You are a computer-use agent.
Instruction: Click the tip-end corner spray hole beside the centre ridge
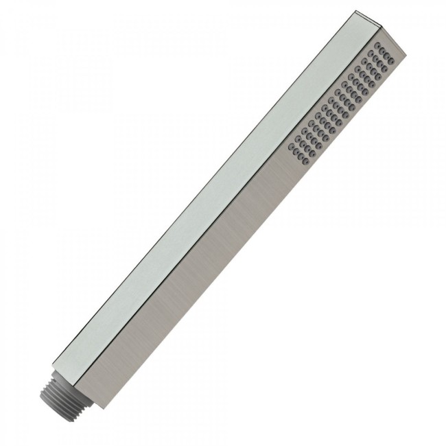click(x=379, y=45)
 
